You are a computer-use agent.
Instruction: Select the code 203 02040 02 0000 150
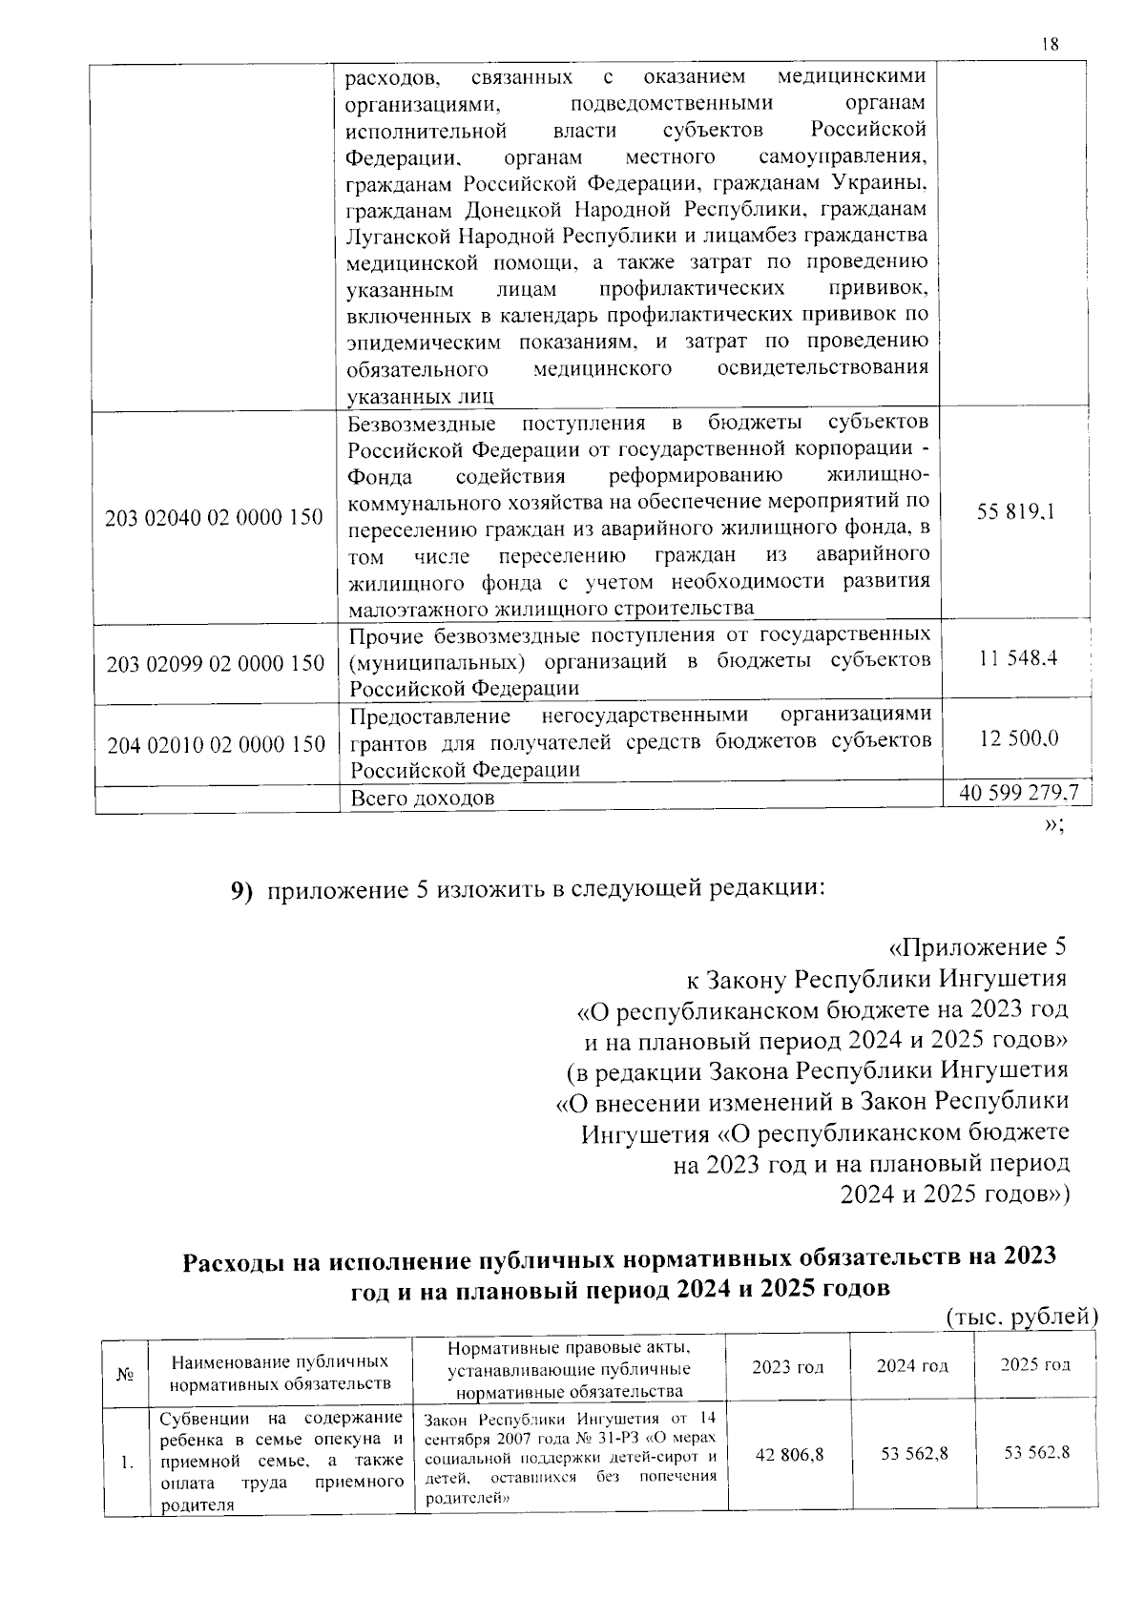pyautogui.click(x=215, y=518)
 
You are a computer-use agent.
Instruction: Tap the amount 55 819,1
pyautogui.click(x=1015, y=512)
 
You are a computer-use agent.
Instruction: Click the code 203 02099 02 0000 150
pyautogui.click(x=216, y=664)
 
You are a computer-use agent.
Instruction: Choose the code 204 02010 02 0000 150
pyautogui.click(x=216, y=745)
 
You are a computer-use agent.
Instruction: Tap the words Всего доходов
pyautogui.click(x=422, y=798)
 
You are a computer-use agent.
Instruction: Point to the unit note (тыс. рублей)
pyautogui.click(x=1022, y=1318)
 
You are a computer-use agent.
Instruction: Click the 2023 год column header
pyautogui.click(x=787, y=1366)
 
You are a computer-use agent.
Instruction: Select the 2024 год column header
pyautogui.click(x=912, y=1366)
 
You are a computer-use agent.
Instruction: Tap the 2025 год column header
pyautogui.click(x=1035, y=1364)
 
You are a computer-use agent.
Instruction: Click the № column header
pyautogui.click(x=124, y=1375)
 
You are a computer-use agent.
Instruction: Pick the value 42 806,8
pyautogui.click(x=788, y=1454)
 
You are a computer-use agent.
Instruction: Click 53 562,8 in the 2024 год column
pyautogui.click(x=913, y=1454)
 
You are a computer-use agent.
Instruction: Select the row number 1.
pyautogui.click(x=127, y=1461)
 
